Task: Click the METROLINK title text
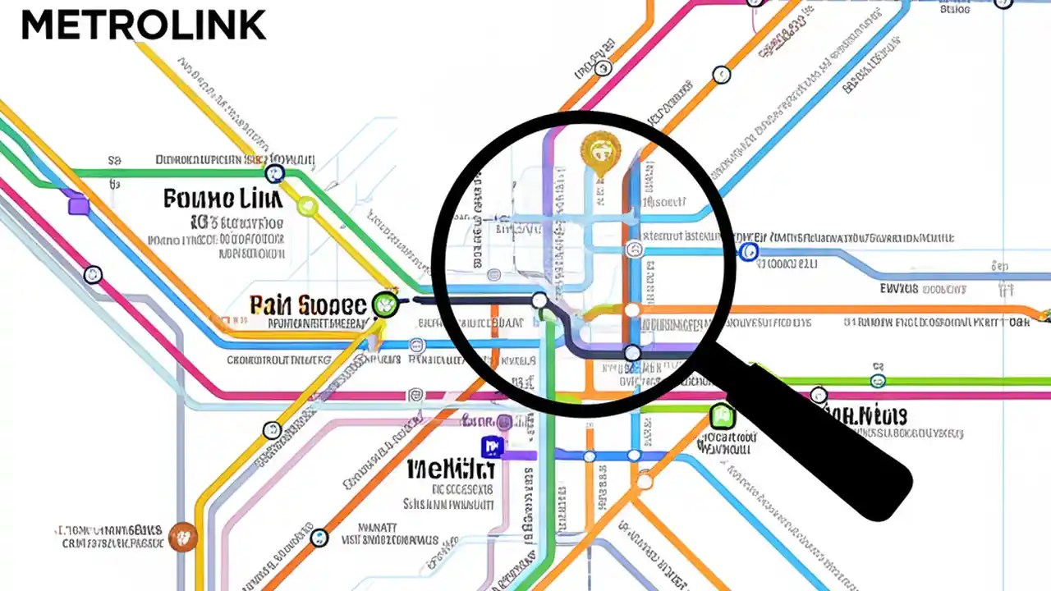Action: [x=144, y=25]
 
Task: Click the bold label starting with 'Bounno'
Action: [x=223, y=199]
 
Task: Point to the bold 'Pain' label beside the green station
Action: [x=308, y=305]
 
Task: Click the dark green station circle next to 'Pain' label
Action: [x=384, y=305]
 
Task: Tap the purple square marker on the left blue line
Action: [x=78, y=204]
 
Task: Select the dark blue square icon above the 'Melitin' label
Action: [x=492, y=447]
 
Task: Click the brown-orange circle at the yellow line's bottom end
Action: [x=181, y=537]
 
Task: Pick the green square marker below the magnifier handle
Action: [x=721, y=415]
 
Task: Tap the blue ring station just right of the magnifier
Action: [x=748, y=252]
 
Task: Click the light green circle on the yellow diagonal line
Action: [x=307, y=205]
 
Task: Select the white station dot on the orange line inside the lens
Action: [x=631, y=310]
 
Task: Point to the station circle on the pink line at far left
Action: [x=93, y=275]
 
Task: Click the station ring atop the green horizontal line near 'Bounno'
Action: [x=274, y=173]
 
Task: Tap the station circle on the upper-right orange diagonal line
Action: [x=721, y=75]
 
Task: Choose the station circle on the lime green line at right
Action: [x=878, y=381]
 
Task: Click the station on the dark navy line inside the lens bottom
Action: [x=631, y=354]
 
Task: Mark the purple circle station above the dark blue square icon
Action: [x=503, y=423]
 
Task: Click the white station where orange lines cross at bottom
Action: [x=645, y=481]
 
